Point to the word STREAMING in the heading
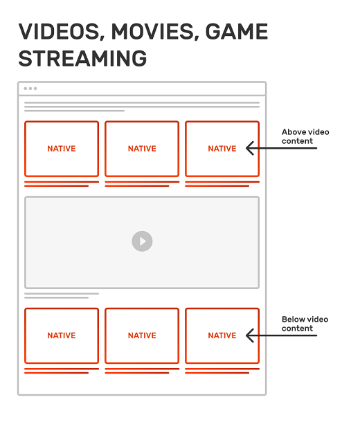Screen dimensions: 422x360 pyautogui.click(x=82, y=58)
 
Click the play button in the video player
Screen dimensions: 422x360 pyautogui.click(x=142, y=241)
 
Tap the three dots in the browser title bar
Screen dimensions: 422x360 pyautogui.click(x=30, y=89)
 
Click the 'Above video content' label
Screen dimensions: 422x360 pyautogui.click(x=305, y=136)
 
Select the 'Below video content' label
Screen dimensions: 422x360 pyautogui.click(x=305, y=324)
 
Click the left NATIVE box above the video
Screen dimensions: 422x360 pyautogui.click(x=62, y=149)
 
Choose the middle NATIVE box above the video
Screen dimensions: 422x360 pyautogui.click(x=142, y=149)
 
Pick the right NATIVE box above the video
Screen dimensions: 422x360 pyautogui.click(x=222, y=149)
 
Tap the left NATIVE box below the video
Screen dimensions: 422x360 pyautogui.click(x=62, y=336)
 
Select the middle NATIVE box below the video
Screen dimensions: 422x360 pyautogui.click(x=142, y=336)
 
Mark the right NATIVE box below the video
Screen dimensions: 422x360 pyautogui.click(x=222, y=336)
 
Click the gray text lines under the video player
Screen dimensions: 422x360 pyautogui.click(x=61, y=295)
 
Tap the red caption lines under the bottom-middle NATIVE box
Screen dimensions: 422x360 pyautogui.click(x=141, y=371)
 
